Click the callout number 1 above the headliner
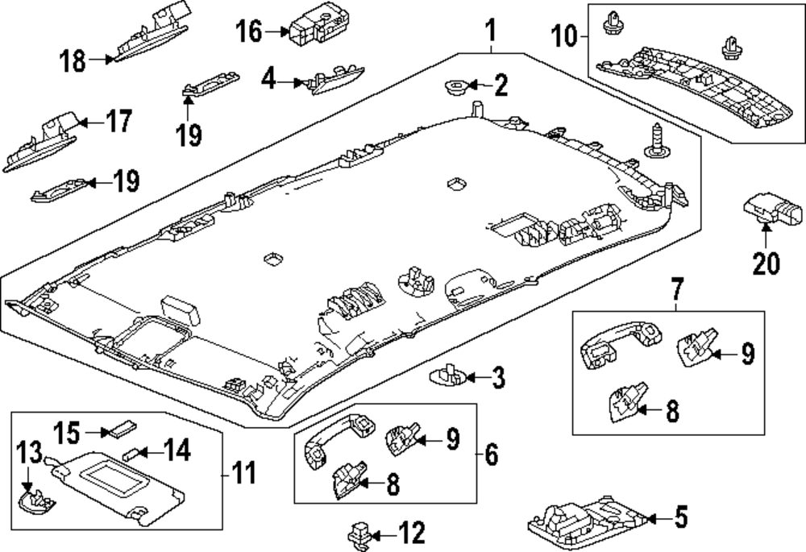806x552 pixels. point(491,31)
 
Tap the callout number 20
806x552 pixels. point(766,264)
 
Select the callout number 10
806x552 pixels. point(564,36)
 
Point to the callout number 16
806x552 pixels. point(249,31)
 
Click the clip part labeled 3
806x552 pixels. point(447,375)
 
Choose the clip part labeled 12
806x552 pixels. point(359,536)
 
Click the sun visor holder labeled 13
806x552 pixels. point(37,501)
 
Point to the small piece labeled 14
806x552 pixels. point(131,452)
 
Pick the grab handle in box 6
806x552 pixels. point(339,441)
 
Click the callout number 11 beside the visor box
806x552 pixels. point(243,473)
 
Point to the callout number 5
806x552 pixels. point(680,517)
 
